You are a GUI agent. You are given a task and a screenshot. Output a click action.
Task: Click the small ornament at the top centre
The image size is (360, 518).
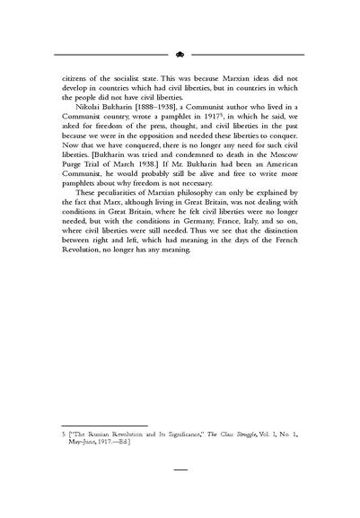180,53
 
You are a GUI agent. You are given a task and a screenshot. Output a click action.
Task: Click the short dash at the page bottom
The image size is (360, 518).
180,469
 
